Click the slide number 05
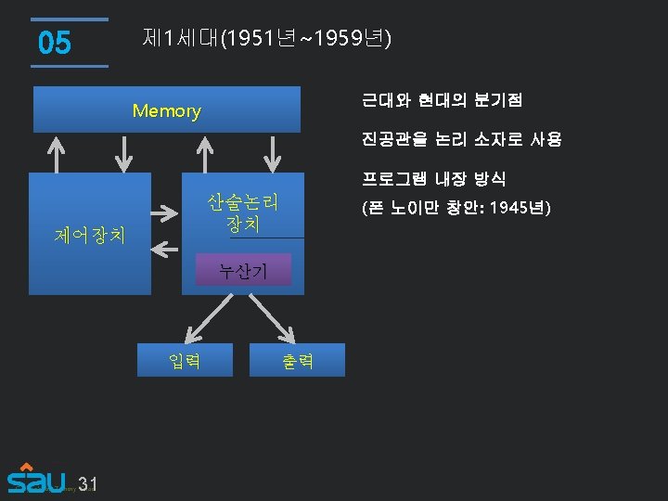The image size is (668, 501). click(55, 43)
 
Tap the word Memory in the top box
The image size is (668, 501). click(166, 111)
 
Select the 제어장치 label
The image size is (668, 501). click(90, 234)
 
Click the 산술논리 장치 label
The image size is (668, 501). click(242, 213)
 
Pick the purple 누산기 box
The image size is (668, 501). click(242, 271)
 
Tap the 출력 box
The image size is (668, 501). click(297, 361)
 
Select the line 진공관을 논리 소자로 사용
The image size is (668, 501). click(461, 139)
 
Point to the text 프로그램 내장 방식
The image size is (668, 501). click(433, 178)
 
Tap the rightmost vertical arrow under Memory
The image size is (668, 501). click(275, 153)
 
